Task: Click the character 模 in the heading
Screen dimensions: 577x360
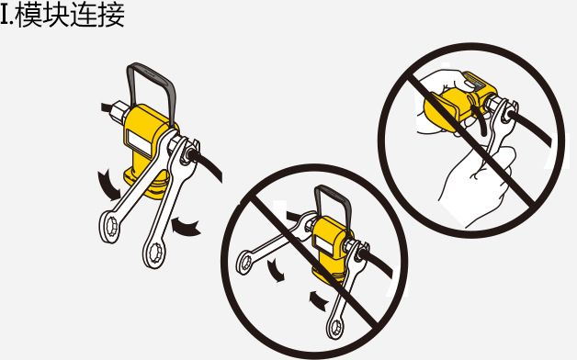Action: (x=28, y=15)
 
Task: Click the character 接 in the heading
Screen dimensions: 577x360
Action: (x=111, y=15)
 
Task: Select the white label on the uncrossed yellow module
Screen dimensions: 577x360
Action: (x=140, y=142)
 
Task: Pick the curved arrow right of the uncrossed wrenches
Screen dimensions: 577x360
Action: (x=186, y=226)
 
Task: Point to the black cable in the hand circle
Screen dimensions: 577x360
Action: (x=530, y=127)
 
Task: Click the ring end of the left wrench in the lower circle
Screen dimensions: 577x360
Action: (x=245, y=262)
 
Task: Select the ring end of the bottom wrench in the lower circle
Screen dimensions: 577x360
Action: (x=335, y=327)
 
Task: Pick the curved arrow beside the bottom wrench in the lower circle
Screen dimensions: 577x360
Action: (x=318, y=300)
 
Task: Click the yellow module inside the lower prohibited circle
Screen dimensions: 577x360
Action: (x=329, y=250)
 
